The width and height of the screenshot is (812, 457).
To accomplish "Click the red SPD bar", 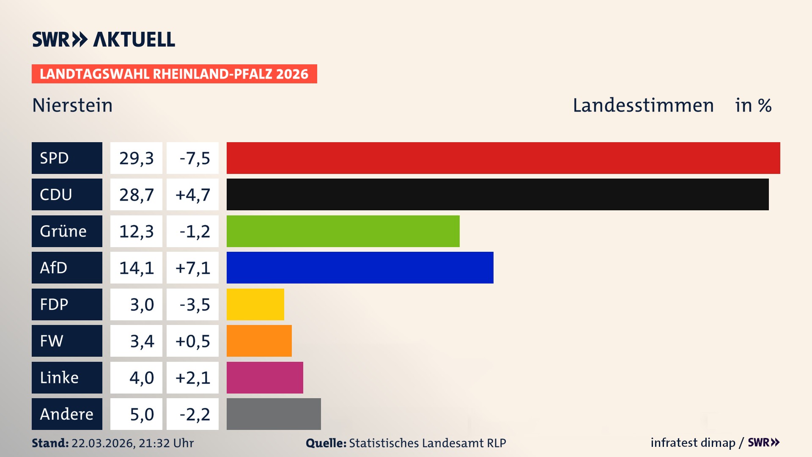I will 503,158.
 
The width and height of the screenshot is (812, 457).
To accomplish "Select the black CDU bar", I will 497,195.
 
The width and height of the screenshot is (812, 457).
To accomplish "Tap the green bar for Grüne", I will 343,231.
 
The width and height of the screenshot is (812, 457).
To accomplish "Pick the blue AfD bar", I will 360,268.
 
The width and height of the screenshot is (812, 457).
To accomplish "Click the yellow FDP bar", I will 255,304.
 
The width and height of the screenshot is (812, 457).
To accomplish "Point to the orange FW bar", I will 259,341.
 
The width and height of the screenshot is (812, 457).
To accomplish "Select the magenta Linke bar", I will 265,377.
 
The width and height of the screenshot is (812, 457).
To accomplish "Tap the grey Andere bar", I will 274,414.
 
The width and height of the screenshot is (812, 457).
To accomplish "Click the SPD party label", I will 67,158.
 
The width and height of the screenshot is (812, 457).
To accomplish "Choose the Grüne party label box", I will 67,231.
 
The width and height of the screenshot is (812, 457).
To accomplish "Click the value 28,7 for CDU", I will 136,195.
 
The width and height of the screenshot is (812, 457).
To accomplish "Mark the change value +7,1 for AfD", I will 192,268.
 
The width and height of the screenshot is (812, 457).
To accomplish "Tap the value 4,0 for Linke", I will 141,377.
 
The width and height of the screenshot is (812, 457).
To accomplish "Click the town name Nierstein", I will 72,105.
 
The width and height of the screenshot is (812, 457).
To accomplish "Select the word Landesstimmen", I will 643,105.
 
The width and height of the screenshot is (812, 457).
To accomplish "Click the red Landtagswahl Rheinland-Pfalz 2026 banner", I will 174,74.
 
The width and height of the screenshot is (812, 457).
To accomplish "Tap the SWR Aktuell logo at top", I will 104,39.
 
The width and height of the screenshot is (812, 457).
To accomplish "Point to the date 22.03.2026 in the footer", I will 103,443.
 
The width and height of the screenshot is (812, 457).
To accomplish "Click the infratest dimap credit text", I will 693,443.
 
